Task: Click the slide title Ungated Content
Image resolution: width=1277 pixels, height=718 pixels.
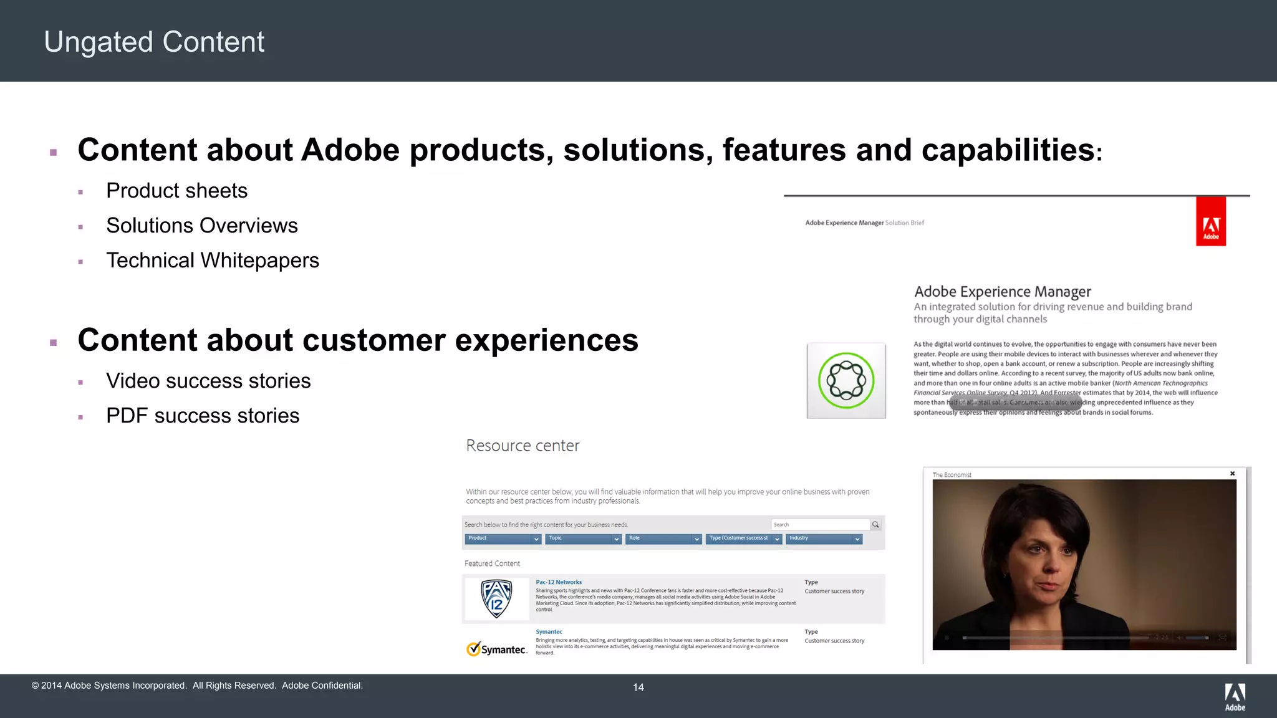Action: tap(154, 42)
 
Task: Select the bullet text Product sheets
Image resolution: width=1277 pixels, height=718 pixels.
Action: tap(176, 191)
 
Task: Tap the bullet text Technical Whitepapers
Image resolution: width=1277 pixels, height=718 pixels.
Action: tap(212, 261)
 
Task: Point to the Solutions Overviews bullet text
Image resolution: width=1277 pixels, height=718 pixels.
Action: tap(201, 226)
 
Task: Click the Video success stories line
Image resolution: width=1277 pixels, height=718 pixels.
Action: tap(208, 381)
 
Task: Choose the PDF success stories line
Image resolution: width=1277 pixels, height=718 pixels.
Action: tap(202, 416)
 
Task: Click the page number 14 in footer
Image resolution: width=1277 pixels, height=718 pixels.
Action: tap(638, 687)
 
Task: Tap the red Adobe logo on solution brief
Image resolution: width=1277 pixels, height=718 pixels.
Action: tap(1210, 222)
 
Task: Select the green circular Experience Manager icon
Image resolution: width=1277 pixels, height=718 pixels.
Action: tap(846, 381)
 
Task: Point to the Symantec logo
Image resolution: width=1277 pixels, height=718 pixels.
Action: tap(497, 649)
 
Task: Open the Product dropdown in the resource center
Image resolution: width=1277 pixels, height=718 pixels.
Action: tap(503, 538)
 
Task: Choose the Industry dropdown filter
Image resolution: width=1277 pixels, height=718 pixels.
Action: tap(824, 538)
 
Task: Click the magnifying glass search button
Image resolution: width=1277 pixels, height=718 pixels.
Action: tap(875, 525)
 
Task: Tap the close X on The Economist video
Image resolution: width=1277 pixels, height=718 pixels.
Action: tap(1232, 474)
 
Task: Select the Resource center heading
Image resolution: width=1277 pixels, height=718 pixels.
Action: tap(523, 446)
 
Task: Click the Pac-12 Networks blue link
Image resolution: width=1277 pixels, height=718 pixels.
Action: tap(559, 582)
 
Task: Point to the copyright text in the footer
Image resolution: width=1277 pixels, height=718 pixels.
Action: tap(197, 686)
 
